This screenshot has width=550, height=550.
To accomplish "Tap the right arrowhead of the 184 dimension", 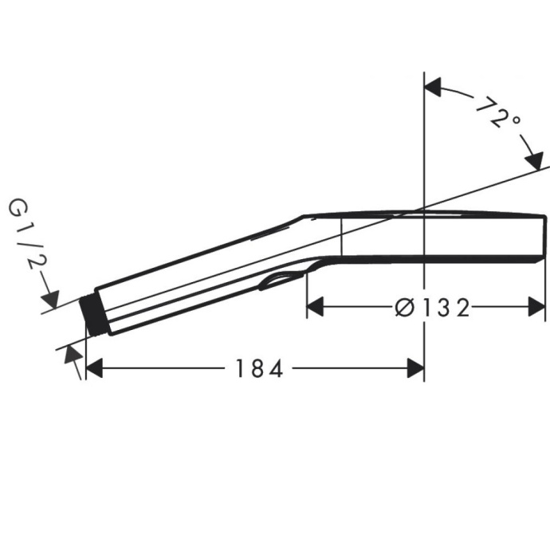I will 414,368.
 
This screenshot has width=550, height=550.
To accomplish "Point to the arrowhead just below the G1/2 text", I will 50,300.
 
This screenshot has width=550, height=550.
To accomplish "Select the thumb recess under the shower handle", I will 281,279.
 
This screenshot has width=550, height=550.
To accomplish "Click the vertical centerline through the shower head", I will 423,239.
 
